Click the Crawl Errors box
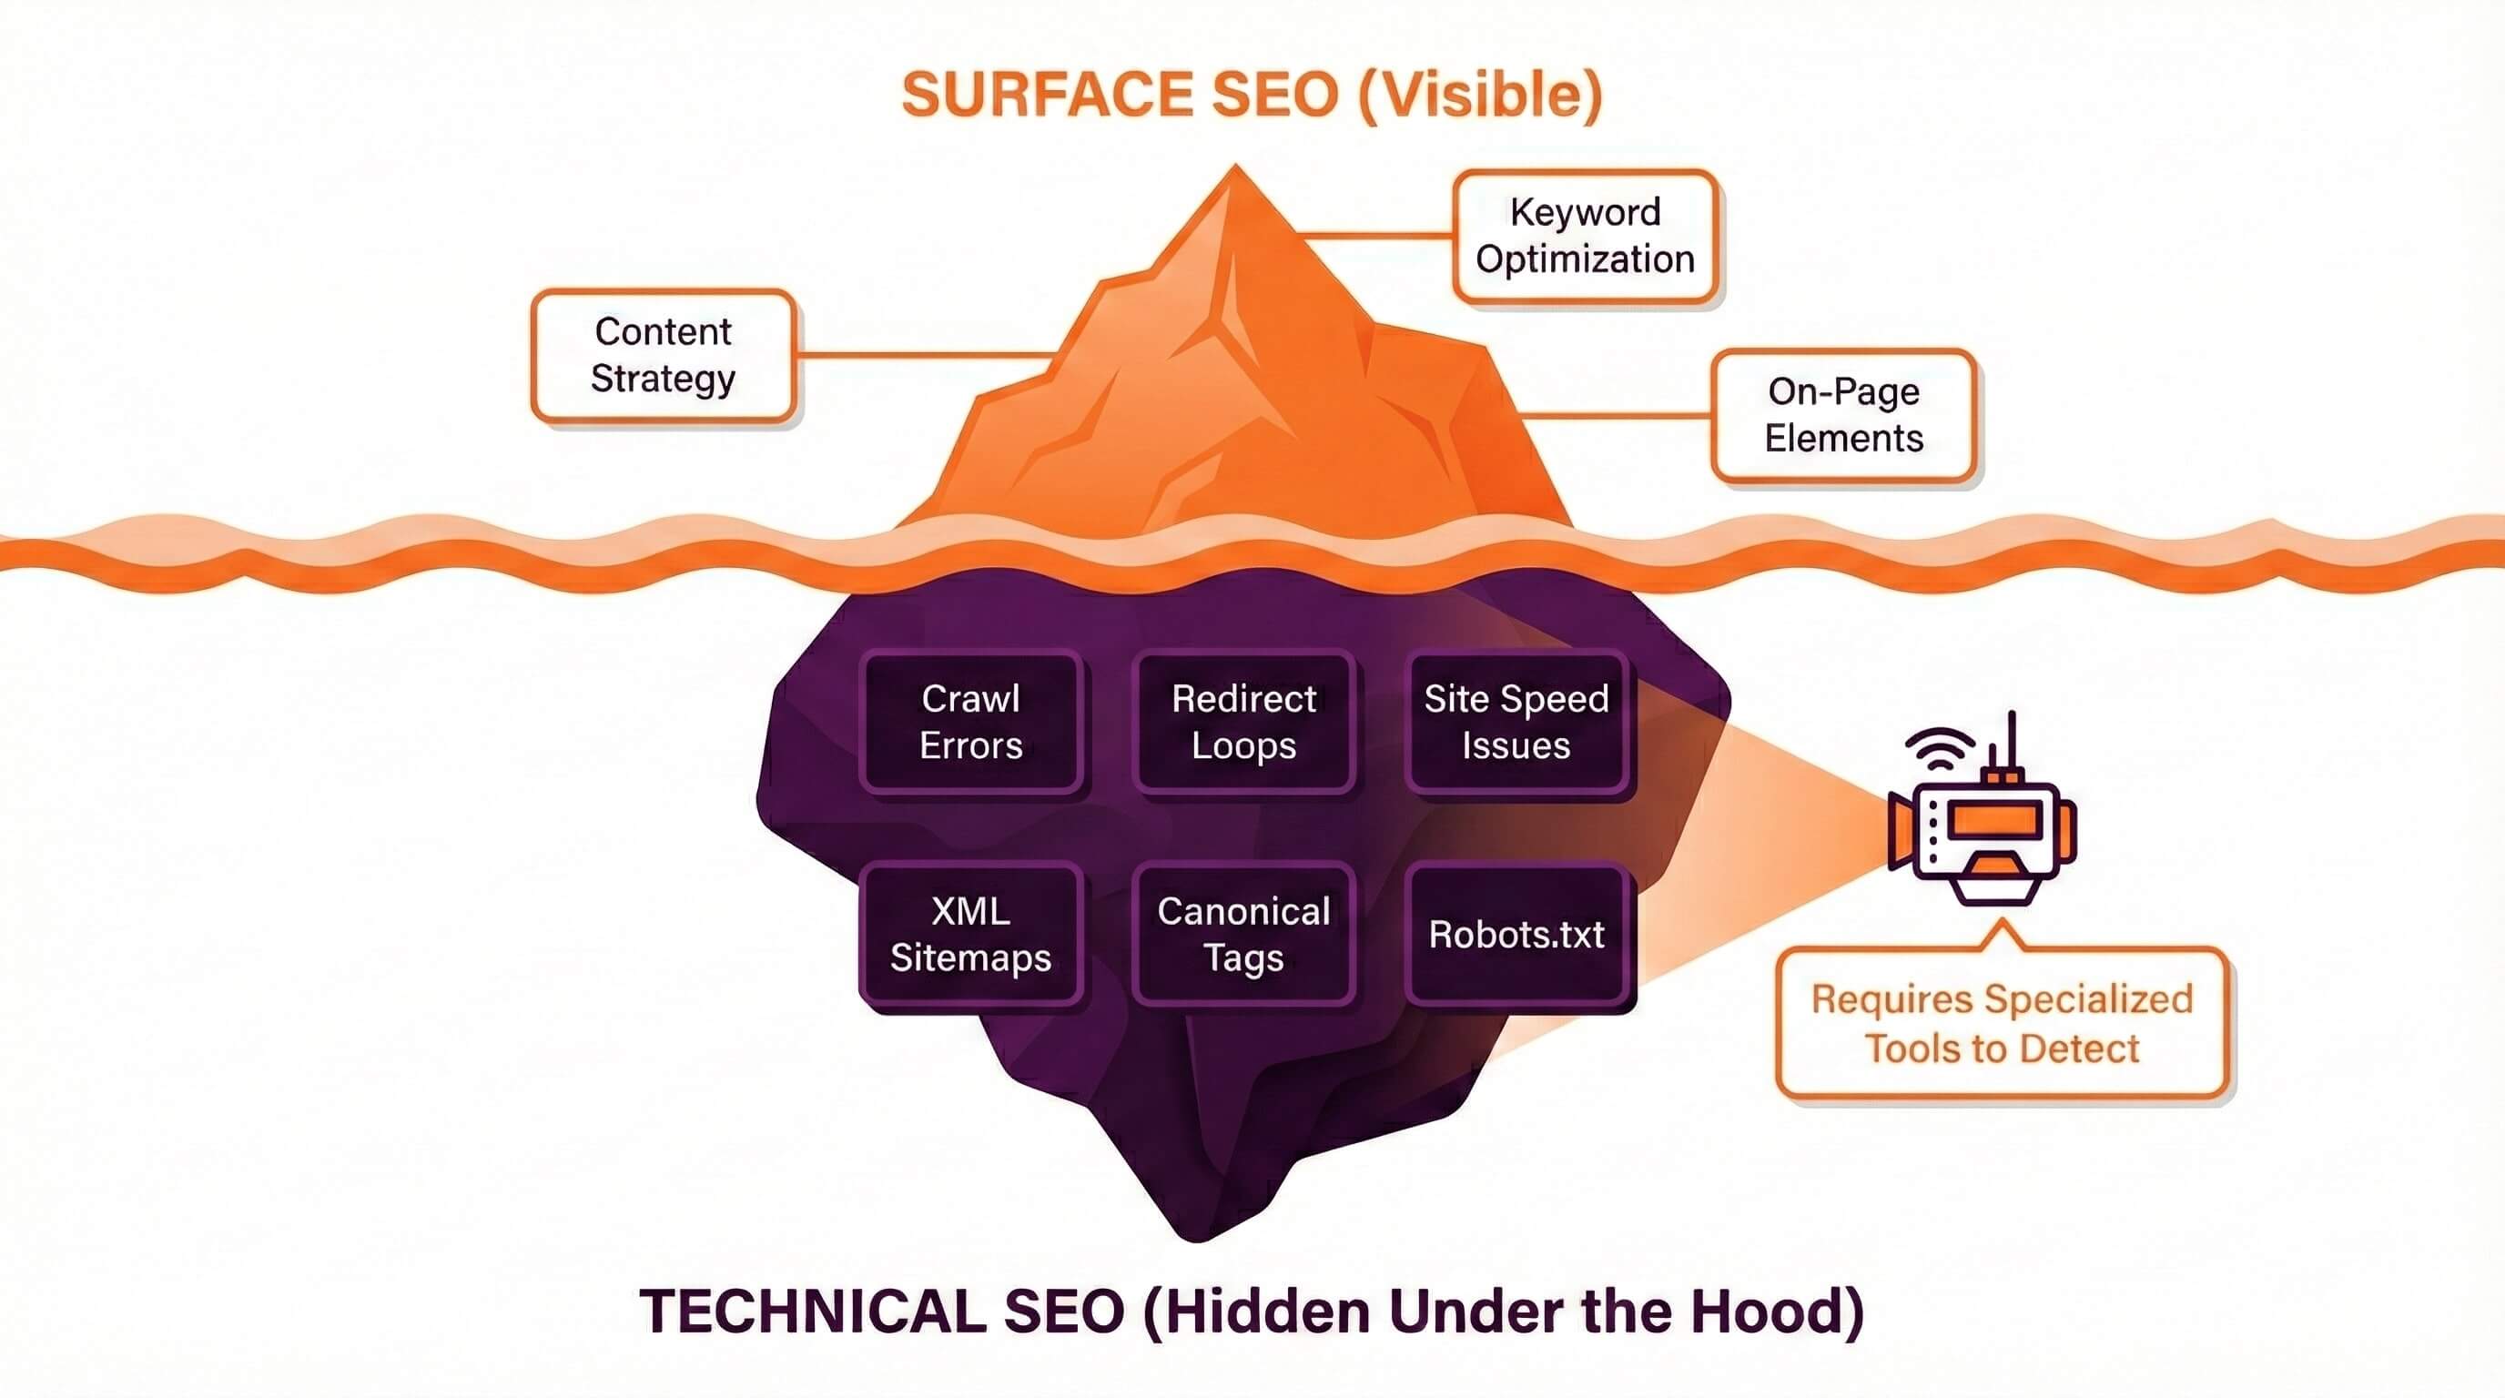point(970,723)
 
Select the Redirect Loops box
point(1243,723)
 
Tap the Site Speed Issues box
point(1516,723)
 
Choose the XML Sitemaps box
point(970,934)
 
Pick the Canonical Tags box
point(1243,934)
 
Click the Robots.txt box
point(1516,934)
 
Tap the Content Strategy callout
point(664,355)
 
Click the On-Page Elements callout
point(1844,415)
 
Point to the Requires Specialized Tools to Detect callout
point(2002,1024)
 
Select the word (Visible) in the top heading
point(1479,96)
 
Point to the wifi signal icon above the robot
point(1940,747)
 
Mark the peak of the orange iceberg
point(1235,170)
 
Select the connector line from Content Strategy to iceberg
point(924,355)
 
